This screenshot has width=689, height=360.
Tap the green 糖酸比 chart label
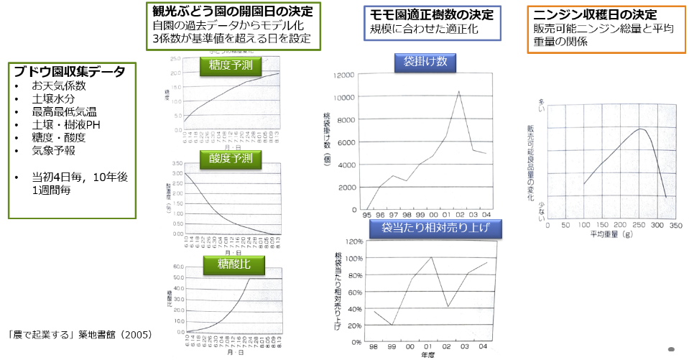coord(233,264)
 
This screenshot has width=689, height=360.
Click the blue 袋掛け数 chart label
coord(425,63)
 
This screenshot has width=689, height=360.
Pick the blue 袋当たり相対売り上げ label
coord(436,229)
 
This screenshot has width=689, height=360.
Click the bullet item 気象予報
coord(53,151)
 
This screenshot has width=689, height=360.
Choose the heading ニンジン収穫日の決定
coord(596,14)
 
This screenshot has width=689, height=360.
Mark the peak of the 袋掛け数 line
coord(459,91)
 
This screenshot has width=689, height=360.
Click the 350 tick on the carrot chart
coord(674,225)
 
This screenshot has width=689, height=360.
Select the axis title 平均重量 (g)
coord(611,234)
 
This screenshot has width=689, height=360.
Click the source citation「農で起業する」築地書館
coord(77,335)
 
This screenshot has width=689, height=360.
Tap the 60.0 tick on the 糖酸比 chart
coord(177,267)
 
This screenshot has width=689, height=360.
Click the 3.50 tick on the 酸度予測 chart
coord(176,165)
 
